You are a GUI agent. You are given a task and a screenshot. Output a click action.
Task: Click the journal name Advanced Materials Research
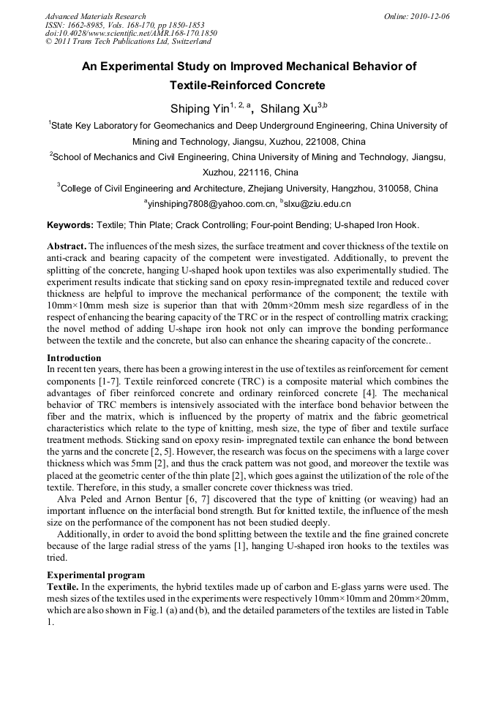pos(95,16)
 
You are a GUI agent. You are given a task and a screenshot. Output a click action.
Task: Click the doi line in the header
pos(131,34)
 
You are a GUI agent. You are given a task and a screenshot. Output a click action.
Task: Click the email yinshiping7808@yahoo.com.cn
pos(212,205)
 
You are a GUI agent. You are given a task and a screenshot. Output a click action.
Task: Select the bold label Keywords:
pos(70,225)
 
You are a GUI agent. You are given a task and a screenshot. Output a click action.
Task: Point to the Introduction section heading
pos(74,358)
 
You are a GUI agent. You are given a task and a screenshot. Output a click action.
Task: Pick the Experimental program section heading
pos(96,575)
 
